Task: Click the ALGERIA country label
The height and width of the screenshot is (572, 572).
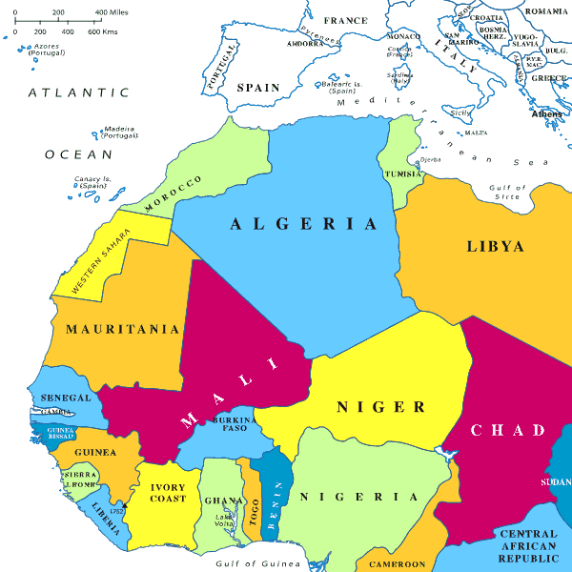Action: [x=303, y=224]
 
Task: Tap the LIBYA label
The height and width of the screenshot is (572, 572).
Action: [x=495, y=246]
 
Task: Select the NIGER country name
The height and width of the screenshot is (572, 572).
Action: [x=380, y=407]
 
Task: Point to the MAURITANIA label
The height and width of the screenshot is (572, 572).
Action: [x=122, y=329]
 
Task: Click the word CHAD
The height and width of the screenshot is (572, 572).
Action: [x=507, y=430]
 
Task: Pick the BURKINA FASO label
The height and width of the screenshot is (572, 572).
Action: [x=234, y=424]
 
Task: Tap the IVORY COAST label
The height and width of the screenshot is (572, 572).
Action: [x=168, y=493]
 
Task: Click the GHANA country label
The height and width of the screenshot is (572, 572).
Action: [x=220, y=500]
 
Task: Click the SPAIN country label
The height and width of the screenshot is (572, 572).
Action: [x=258, y=87]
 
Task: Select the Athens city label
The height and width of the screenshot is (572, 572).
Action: [x=547, y=113]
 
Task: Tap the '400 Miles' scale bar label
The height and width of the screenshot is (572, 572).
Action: [x=113, y=12]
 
